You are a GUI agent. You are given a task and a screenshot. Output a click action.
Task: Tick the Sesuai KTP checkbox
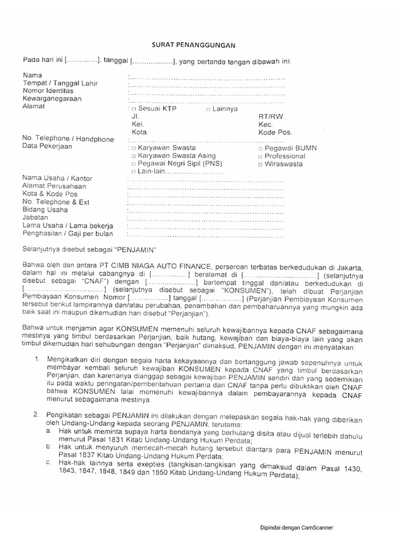point(134,110)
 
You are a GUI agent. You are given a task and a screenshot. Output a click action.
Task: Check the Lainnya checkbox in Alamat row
point(208,110)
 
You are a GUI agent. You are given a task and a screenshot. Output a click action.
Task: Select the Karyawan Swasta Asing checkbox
point(134,156)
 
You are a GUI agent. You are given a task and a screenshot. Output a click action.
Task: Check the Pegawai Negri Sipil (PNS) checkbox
point(134,164)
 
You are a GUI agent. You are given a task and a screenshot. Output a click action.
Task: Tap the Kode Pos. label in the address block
point(275,133)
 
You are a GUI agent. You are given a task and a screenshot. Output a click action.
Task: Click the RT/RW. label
point(270,117)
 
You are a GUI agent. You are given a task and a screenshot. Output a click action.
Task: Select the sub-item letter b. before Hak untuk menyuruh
point(48,446)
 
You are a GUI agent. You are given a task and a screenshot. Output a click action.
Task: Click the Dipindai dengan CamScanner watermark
point(298,528)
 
